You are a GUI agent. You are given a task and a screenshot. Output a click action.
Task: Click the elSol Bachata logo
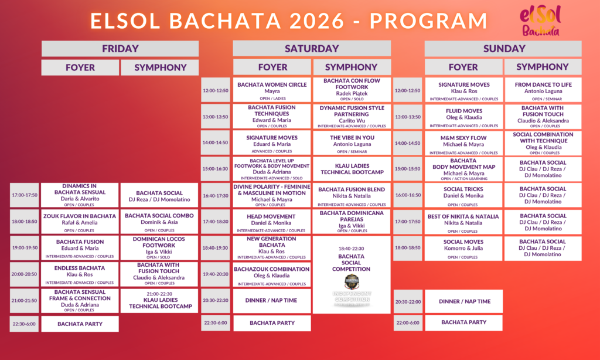[540, 22]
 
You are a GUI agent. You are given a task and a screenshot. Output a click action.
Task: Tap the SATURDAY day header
[311, 49]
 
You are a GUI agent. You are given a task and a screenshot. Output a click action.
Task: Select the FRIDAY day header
[120, 49]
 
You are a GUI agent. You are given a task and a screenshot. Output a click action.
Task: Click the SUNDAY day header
[503, 49]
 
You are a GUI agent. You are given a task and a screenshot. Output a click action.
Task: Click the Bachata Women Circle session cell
[272, 90]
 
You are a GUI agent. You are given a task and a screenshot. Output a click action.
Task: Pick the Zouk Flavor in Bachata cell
[80, 222]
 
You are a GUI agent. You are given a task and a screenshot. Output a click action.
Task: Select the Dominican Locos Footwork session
[160, 247]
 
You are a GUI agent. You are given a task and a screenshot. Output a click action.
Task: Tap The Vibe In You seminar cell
[352, 143]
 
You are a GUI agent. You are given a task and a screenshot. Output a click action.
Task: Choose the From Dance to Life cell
[543, 90]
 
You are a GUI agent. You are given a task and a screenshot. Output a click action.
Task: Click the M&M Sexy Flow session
[463, 143]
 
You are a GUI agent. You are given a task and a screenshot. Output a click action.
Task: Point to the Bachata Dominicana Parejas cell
[352, 222]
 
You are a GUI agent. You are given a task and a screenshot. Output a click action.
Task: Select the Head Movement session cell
[272, 222]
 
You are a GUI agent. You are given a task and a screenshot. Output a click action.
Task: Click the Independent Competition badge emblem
[351, 282]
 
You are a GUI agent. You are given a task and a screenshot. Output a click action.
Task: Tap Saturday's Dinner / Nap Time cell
[272, 300]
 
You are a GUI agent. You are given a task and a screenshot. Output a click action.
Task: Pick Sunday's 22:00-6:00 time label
[408, 322]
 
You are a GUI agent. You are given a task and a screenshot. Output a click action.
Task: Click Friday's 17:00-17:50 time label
[25, 195]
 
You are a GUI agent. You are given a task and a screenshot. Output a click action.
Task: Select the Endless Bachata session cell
[80, 274]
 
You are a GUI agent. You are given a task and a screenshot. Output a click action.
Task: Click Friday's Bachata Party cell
[80, 324]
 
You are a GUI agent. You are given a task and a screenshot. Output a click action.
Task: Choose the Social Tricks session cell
[463, 195]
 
